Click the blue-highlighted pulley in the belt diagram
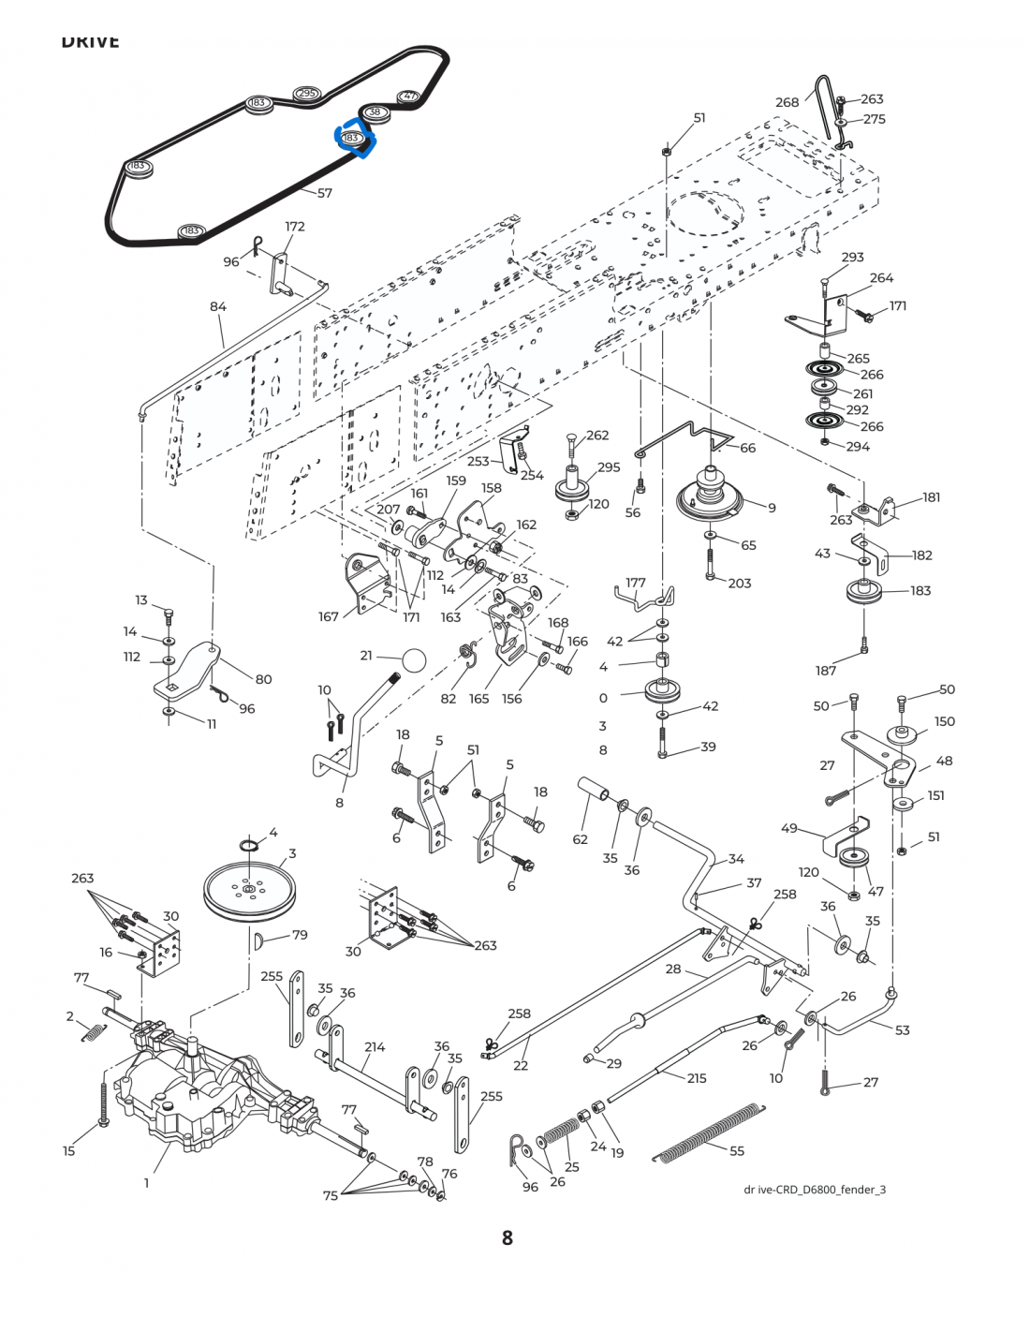(x=352, y=139)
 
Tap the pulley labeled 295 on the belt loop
(x=307, y=94)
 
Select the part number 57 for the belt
(x=325, y=194)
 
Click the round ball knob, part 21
(x=413, y=659)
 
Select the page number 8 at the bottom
(x=508, y=1237)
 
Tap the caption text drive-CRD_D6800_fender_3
(x=814, y=1190)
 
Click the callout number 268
(x=787, y=102)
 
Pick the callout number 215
(x=697, y=1078)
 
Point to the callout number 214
(x=375, y=1047)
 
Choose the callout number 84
(x=218, y=307)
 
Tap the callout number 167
(x=329, y=616)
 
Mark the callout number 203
(x=740, y=583)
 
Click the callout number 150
(x=945, y=721)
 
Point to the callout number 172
(x=295, y=227)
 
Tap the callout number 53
(x=902, y=1030)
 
